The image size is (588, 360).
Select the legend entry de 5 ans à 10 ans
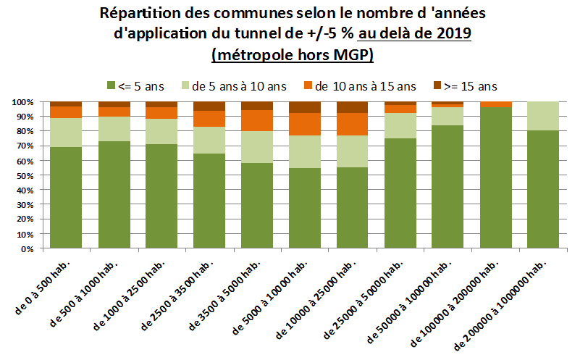click(x=235, y=86)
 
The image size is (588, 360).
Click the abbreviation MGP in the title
click(x=348, y=54)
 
